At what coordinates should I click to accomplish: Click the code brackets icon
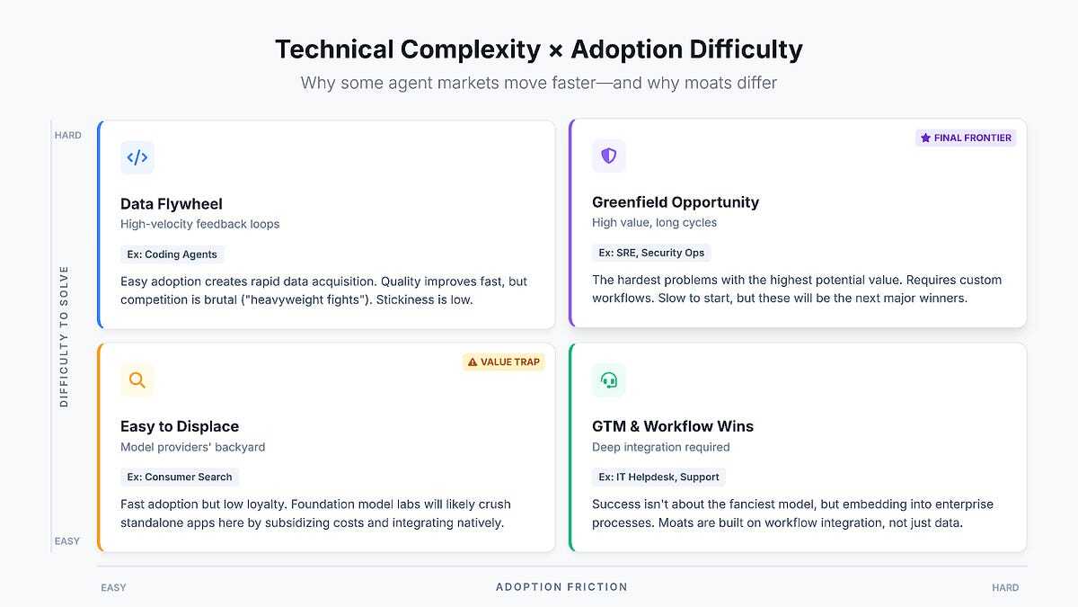click(x=137, y=157)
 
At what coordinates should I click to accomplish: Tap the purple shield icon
click(x=609, y=156)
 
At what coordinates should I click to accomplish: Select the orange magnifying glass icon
click(x=137, y=380)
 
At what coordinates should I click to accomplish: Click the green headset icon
click(x=609, y=380)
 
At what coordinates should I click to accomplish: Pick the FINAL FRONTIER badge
click(x=966, y=138)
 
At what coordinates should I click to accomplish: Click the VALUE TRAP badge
click(x=504, y=362)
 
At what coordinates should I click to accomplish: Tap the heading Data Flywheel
click(x=172, y=204)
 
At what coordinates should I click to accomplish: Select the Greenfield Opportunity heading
click(x=676, y=202)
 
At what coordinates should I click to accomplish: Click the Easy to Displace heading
click(x=180, y=426)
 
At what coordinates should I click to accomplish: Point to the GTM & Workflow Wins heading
click(x=673, y=426)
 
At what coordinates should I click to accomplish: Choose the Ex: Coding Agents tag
click(x=172, y=254)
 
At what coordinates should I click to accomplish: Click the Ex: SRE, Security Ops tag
click(x=651, y=253)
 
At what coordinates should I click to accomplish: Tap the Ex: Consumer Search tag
click(x=180, y=477)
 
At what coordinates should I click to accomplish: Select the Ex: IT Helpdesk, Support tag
click(x=658, y=477)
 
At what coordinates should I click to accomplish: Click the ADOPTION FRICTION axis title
click(x=561, y=586)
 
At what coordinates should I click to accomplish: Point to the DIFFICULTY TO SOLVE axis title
click(x=64, y=336)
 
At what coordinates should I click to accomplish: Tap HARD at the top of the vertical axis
click(x=68, y=136)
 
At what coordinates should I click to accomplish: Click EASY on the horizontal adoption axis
click(x=113, y=588)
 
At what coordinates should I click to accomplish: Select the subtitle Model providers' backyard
click(x=192, y=447)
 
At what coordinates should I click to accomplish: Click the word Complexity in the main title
click(x=470, y=49)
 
